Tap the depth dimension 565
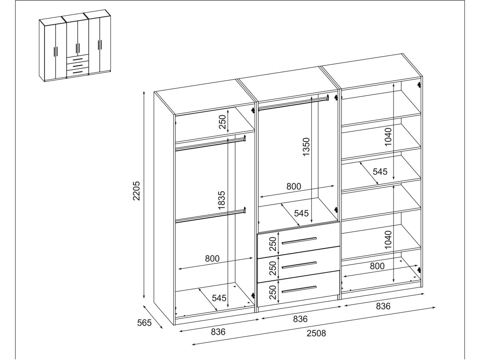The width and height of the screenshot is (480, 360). [x=144, y=323]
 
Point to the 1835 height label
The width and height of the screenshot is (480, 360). [x=221, y=200]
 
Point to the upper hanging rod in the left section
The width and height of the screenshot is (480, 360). [x=210, y=144]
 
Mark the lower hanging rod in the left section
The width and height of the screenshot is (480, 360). [x=210, y=216]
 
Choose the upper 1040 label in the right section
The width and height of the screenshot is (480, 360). [x=388, y=137]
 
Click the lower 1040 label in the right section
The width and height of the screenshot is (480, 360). [x=388, y=240]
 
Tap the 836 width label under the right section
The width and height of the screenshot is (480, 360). [x=383, y=306]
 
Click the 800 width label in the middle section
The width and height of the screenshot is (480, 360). [x=294, y=186]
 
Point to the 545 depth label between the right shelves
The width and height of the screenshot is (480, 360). [x=380, y=171]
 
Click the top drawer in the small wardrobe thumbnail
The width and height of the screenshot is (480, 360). [x=78, y=59]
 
